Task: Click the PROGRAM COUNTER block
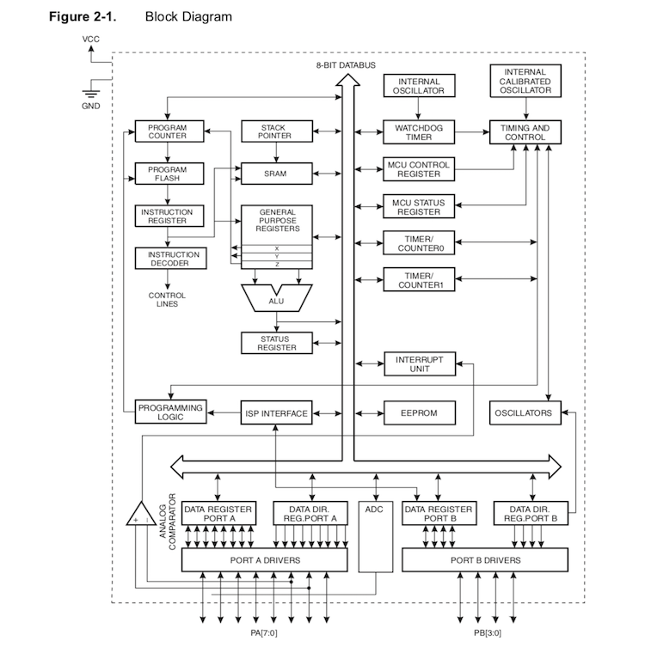169,131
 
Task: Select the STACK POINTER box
277,131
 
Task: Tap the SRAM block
277,174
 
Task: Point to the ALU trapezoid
277,298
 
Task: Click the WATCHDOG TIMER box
419,132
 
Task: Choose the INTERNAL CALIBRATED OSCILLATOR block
525,81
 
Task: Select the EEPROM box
420,412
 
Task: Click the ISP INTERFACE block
276,412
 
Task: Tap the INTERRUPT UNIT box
420,364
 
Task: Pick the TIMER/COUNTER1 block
419,280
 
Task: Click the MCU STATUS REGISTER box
419,207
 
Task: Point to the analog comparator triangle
141,514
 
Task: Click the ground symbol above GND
91,94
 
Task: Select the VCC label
91,40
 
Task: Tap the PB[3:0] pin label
488,633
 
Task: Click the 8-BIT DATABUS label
346,65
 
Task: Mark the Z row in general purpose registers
277,265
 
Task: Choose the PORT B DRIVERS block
485,560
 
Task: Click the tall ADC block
375,536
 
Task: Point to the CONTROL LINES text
167,300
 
